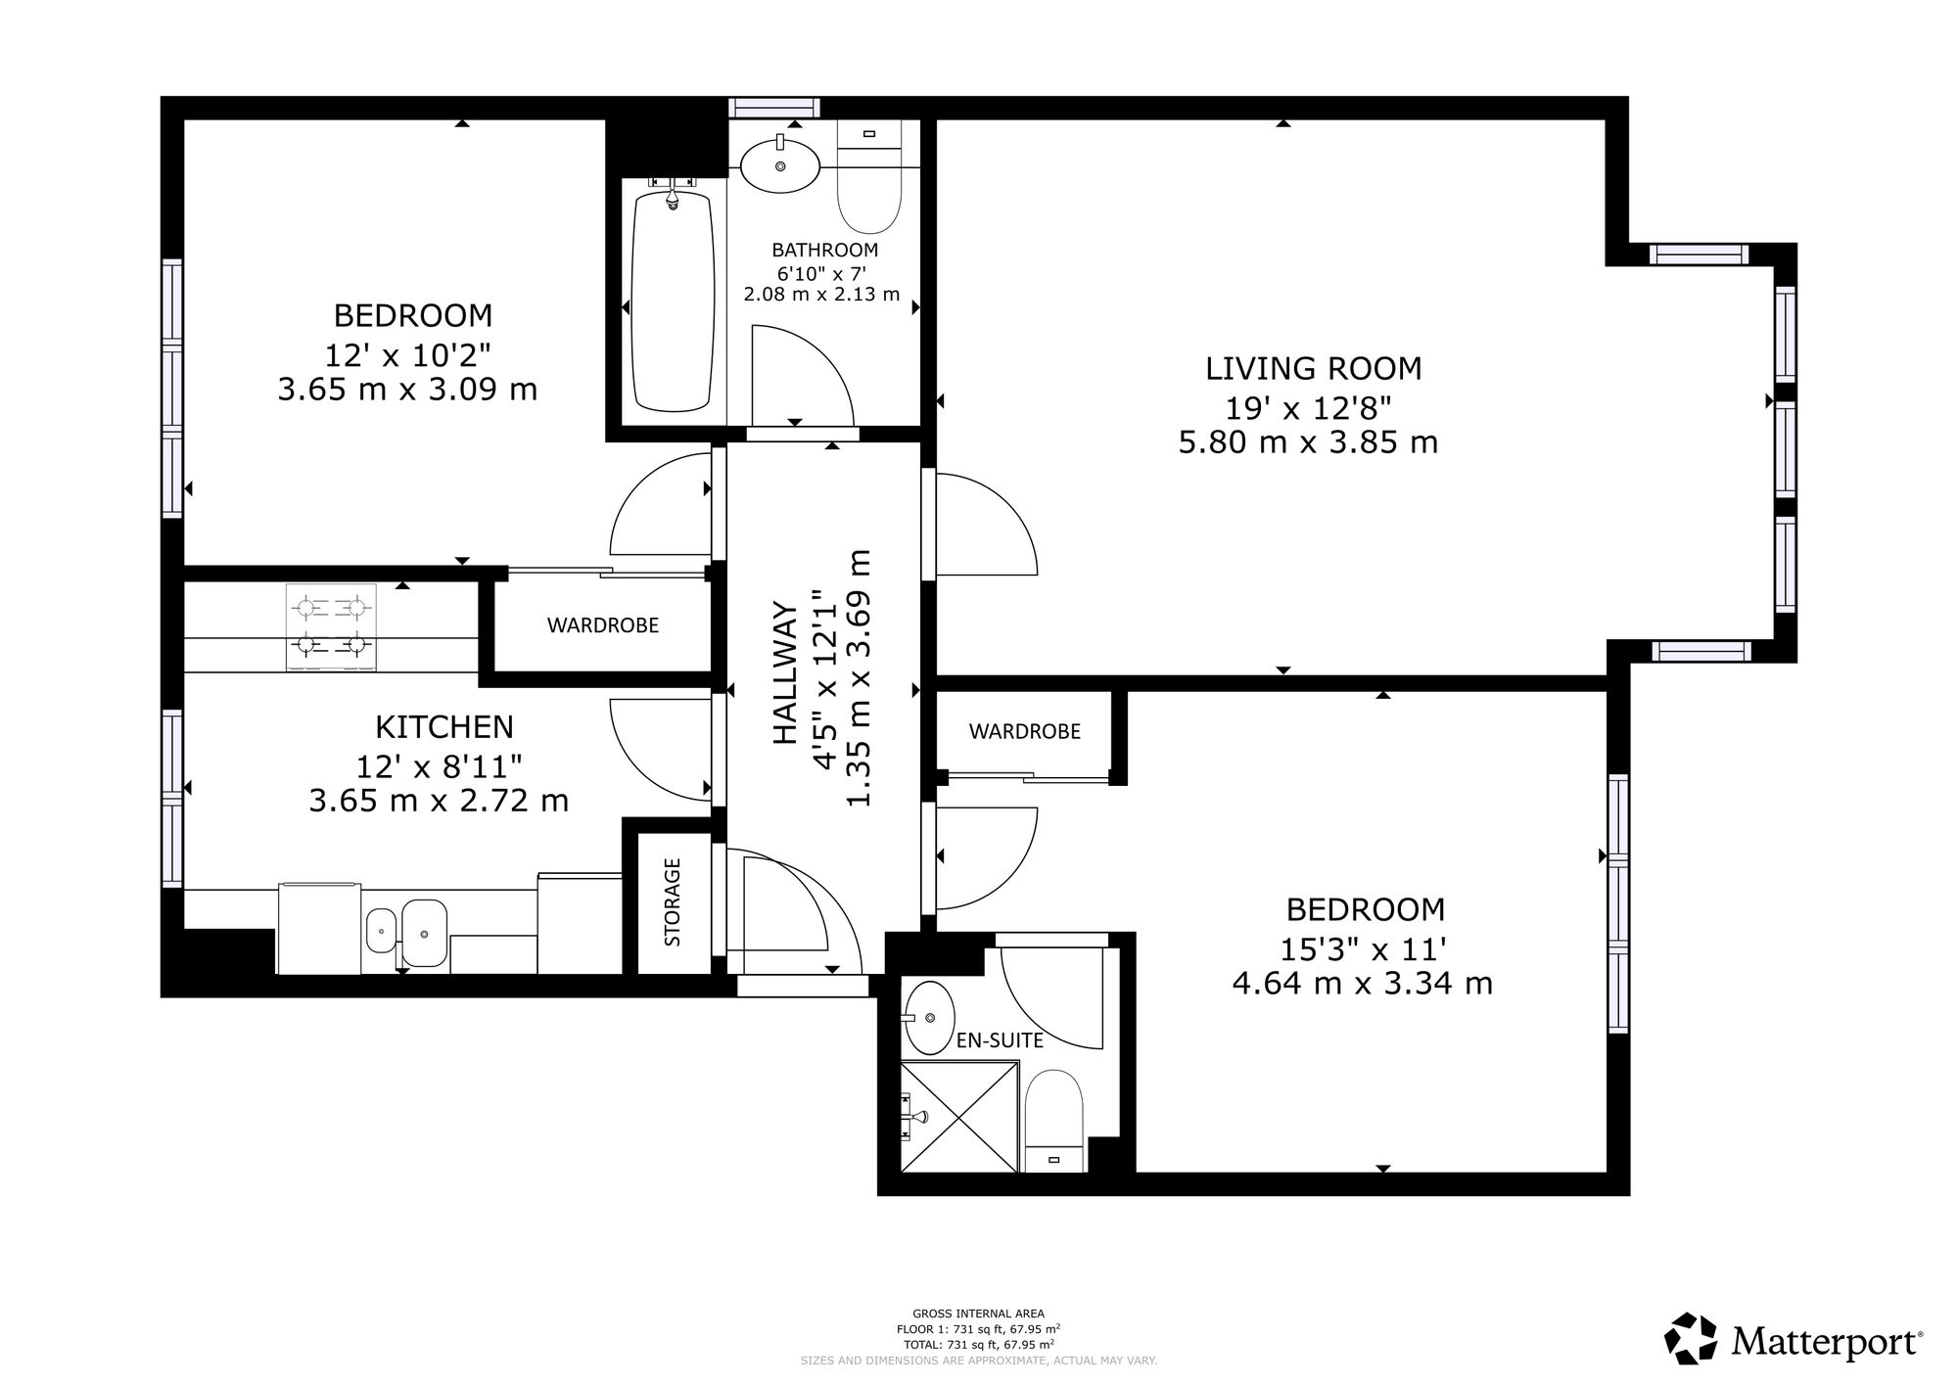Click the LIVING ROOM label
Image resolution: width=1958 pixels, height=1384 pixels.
coord(1313,369)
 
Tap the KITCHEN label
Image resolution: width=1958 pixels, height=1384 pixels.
coord(444,727)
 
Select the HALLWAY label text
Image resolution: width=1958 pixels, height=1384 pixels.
coord(786,672)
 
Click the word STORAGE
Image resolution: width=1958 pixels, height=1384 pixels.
coord(673,902)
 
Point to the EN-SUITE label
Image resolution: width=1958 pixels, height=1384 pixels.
coord(1000,1040)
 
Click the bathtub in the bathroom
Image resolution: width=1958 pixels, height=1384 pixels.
coord(673,300)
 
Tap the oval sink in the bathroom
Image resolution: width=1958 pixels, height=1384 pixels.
coord(780,165)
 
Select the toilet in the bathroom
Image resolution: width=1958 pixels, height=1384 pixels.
coord(868,177)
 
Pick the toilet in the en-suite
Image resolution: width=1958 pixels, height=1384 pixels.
coord(1053,1122)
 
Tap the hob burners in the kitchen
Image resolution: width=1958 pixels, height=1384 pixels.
coord(332,627)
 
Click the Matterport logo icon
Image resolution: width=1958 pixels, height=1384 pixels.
coord(1692,1339)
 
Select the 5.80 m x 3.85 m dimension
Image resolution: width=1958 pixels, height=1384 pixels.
coord(1308,442)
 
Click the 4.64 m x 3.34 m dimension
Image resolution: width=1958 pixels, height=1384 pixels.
coord(1363,983)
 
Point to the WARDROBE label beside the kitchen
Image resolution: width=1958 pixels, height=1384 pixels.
coord(603,625)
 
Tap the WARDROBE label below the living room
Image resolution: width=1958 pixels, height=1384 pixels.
coord(1025,731)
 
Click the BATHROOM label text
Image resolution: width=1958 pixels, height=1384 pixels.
coord(824,251)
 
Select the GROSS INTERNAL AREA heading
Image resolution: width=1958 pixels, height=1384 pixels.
coord(978,1314)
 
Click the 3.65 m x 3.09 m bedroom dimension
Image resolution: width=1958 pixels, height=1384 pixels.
coord(407,390)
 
